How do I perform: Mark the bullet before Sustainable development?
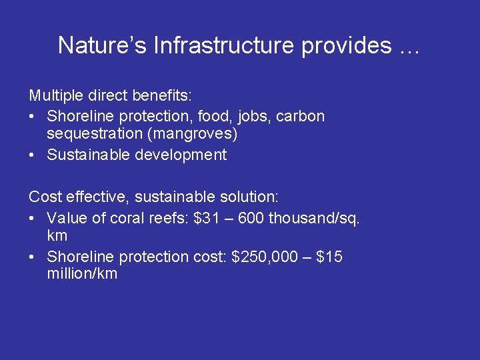(33, 155)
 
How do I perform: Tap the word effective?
(87, 197)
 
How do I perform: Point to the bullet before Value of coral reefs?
(33, 218)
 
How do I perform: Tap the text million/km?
(82, 274)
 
